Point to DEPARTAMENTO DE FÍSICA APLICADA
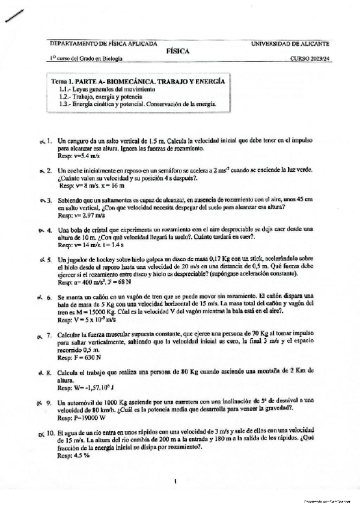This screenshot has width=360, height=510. click(103, 44)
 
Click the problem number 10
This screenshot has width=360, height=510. click(50, 432)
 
